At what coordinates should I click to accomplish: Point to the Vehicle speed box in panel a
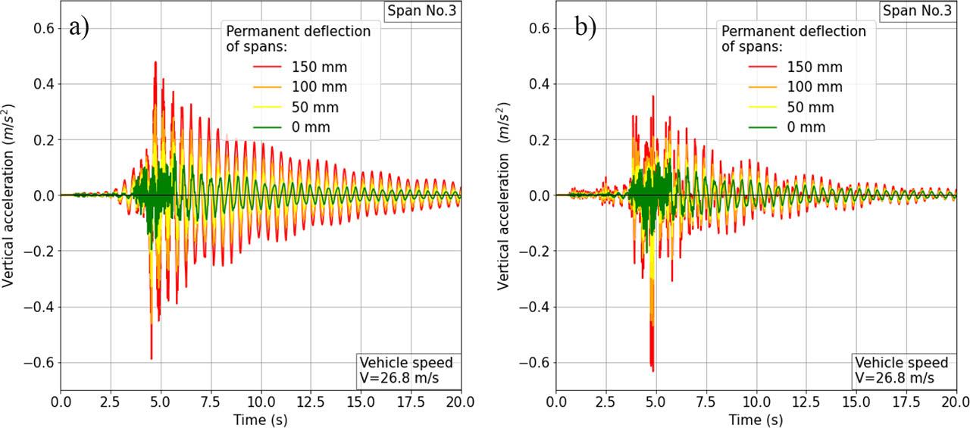coord(406,370)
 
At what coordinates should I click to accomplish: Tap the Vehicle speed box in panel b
coord(902,370)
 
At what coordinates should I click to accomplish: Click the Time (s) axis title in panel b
coord(756,419)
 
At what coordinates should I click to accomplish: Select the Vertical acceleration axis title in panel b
coord(503,195)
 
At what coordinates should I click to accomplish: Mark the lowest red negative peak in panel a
coord(152,358)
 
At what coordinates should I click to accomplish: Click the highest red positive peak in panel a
coord(155,62)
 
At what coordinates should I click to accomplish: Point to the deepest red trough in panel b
coord(652,370)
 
